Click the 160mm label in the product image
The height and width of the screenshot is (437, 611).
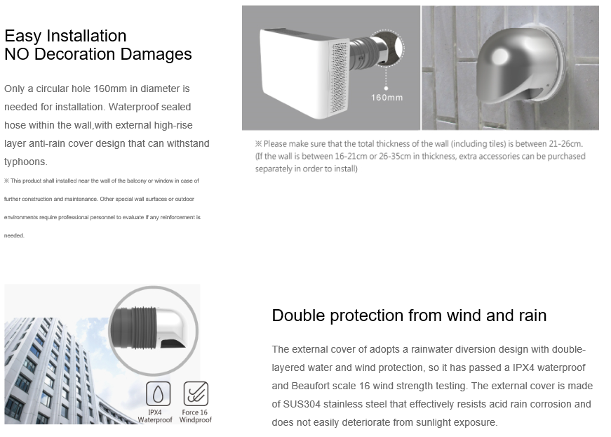[387, 98]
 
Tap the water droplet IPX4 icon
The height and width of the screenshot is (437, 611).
[159, 393]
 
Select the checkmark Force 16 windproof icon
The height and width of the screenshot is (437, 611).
[196, 393]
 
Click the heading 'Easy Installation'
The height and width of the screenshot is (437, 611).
[65, 36]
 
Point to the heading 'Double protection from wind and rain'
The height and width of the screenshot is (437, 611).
[409, 315]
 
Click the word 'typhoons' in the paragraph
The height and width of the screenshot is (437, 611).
[25, 162]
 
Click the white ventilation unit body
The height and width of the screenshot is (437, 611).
[296, 72]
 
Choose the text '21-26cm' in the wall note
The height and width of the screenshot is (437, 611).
[565, 143]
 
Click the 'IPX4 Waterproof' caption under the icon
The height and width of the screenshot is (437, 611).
[155, 416]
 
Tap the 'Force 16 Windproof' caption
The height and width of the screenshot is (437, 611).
[195, 416]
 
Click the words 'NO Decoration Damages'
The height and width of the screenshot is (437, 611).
[98, 54]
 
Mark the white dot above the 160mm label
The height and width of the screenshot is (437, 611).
[386, 89]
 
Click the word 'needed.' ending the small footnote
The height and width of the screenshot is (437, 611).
[14, 235]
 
